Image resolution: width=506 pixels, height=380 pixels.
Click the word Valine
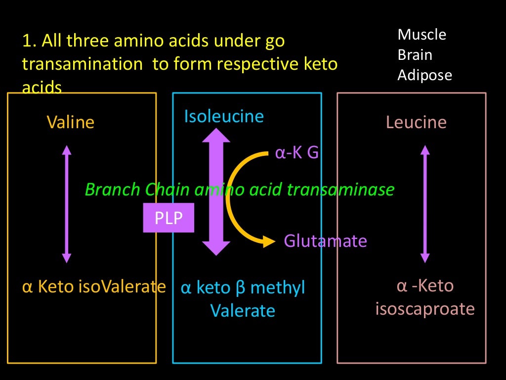click(70, 122)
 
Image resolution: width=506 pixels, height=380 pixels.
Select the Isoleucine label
click(224, 116)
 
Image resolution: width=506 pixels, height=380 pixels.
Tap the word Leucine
click(416, 122)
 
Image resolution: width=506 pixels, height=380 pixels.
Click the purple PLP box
click(169, 218)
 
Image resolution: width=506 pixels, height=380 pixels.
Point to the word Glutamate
click(325, 241)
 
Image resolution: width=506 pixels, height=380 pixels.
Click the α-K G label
click(296, 153)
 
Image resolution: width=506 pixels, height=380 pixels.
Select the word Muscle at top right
click(422, 35)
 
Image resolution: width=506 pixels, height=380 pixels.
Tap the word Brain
click(415, 55)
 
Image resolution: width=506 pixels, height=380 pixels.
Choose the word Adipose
click(425, 75)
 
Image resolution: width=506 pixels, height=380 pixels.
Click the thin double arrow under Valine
click(67, 204)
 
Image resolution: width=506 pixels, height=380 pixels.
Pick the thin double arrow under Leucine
click(424, 204)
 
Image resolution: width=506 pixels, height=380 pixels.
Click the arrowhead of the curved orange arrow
click(269, 241)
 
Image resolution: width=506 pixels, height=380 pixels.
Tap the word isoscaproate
click(425, 309)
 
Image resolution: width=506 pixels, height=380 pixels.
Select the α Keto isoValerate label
click(94, 286)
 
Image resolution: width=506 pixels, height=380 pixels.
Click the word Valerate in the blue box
click(243, 311)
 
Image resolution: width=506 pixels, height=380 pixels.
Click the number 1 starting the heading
click(26, 41)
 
